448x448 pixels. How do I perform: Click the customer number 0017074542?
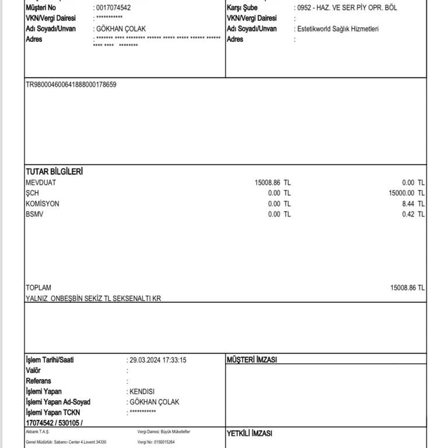[x=113, y=8]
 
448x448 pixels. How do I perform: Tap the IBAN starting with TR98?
[x=71, y=85]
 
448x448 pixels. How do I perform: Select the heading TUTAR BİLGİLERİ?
[x=54, y=172]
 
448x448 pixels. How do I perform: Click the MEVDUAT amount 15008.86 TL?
[x=272, y=183]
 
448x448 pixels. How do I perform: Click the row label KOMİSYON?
[x=43, y=204]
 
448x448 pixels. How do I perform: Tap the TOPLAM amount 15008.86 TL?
[x=407, y=288]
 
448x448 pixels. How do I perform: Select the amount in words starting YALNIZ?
[x=93, y=298]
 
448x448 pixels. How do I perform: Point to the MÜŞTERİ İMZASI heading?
[x=251, y=360]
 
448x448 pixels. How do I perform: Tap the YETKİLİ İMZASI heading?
[x=249, y=433]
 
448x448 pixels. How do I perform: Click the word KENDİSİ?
[x=142, y=391]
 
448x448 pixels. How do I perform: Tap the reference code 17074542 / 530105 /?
[x=54, y=422]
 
